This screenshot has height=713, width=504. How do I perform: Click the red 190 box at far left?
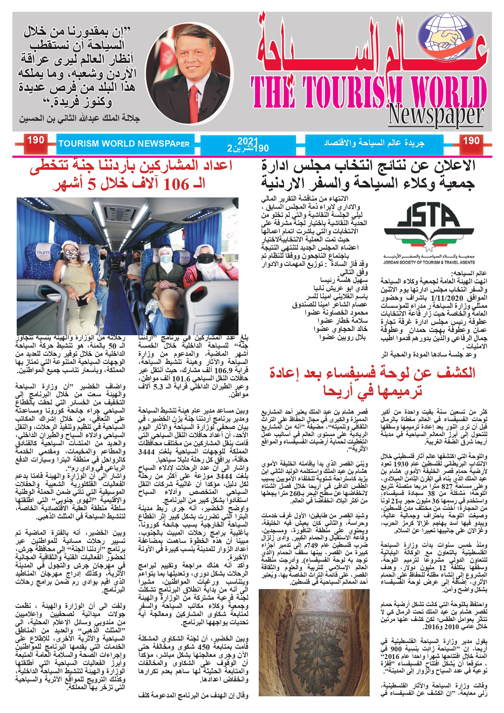click(36, 141)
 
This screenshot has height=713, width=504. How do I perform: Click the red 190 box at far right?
click(471, 141)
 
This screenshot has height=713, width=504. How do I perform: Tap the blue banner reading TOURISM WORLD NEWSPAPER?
click(124, 144)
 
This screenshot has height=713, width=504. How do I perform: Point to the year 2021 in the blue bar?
click(248, 141)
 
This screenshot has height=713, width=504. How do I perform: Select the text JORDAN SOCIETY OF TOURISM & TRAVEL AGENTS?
click(429, 262)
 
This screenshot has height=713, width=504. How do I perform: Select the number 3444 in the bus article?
click(146, 452)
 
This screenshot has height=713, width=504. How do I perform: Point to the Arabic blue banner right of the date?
click(374, 143)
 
